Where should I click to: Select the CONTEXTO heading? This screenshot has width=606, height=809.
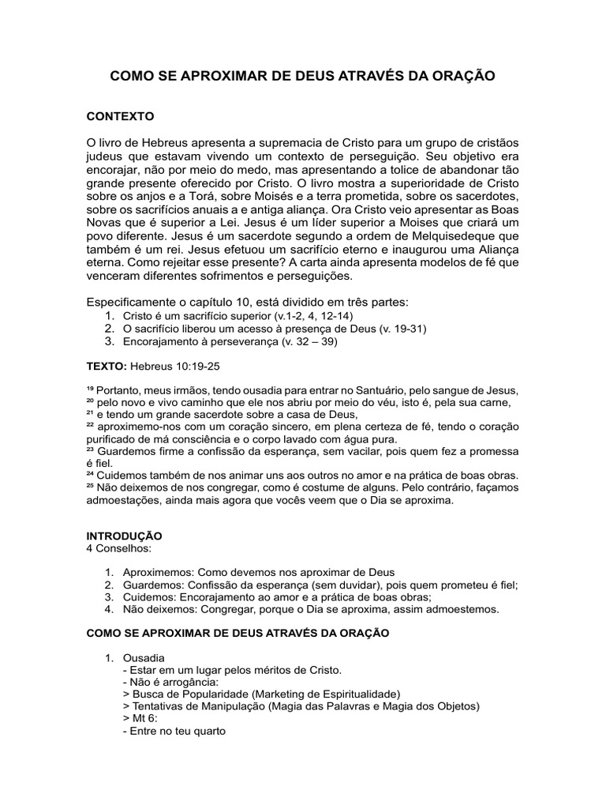tap(120, 116)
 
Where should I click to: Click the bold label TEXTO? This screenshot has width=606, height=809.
tap(106, 367)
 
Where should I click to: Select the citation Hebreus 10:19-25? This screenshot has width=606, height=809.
tap(174, 367)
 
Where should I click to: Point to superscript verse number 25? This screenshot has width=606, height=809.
tap(90, 486)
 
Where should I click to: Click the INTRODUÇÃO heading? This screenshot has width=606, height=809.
tap(124, 536)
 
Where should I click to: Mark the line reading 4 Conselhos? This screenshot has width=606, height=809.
tap(118, 547)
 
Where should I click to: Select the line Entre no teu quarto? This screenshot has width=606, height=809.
tap(175, 731)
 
